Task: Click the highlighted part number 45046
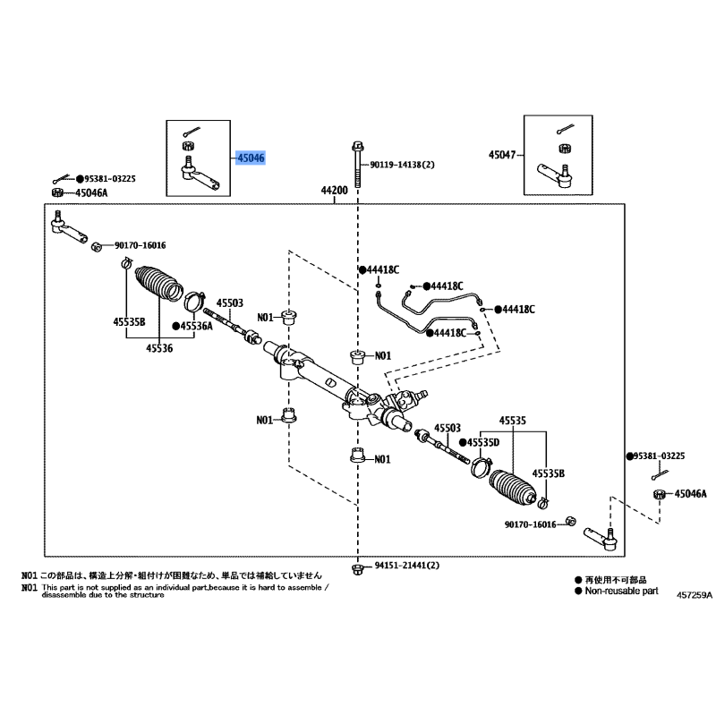(x=251, y=158)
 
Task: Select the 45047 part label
(x=502, y=155)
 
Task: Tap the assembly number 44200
(x=334, y=190)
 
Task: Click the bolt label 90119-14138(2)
(x=402, y=165)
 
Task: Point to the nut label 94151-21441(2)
(x=407, y=566)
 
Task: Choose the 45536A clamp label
(x=196, y=326)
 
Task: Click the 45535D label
(x=483, y=442)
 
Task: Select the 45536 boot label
(x=159, y=348)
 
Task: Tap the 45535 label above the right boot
(x=512, y=420)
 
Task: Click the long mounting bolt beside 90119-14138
(x=357, y=165)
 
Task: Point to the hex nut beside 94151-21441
(x=357, y=569)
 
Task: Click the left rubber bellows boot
(x=159, y=283)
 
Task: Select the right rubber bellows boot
(x=512, y=487)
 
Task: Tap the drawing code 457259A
(x=695, y=595)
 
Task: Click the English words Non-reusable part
(x=621, y=591)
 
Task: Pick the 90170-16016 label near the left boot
(x=141, y=245)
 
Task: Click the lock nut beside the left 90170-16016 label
(x=97, y=247)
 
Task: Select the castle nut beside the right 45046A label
(x=659, y=494)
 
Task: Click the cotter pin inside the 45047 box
(x=566, y=130)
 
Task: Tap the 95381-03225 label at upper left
(x=110, y=178)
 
